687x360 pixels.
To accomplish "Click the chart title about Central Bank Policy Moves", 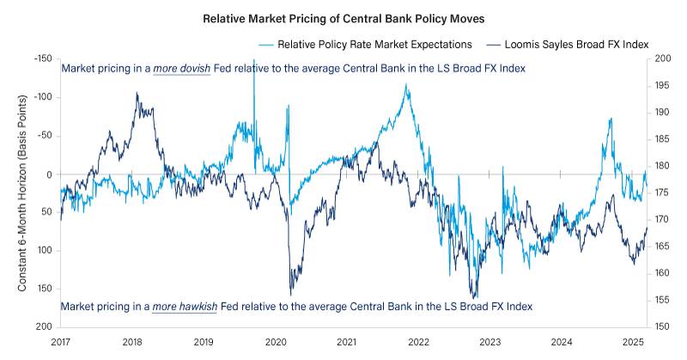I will click(343, 17).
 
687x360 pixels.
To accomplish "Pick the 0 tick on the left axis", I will click(49, 174).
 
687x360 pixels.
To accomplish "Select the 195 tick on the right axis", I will click(662, 86).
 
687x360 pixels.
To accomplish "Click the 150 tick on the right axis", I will click(662, 327).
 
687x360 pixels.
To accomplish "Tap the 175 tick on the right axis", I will click(662, 193).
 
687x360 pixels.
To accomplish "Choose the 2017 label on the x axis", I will click(61, 342).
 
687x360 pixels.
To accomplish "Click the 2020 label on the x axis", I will click(275, 342).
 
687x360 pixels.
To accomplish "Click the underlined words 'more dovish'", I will click(181, 68).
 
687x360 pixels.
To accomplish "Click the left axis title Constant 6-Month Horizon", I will click(23, 193).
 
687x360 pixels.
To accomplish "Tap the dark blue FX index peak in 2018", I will click(137, 93).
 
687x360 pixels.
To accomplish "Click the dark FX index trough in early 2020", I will click(290, 295).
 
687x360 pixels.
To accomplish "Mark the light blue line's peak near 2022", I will click(406, 84).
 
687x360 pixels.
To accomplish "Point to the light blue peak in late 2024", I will click(610, 119).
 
